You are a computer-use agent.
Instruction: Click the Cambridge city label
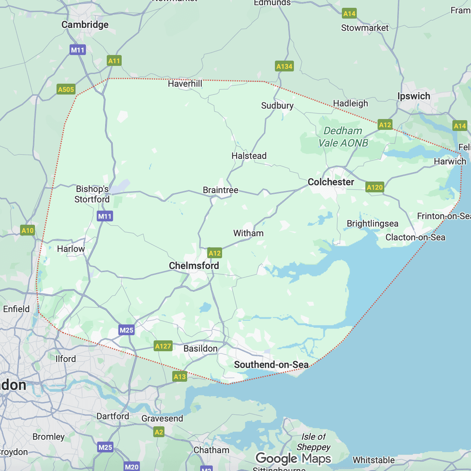pyautogui.click(x=85, y=25)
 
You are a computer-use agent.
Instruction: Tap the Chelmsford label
pyautogui.click(x=194, y=266)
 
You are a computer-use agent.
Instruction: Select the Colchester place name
pyautogui.click(x=330, y=182)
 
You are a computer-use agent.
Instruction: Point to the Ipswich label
pyautogui.click(x=414, y=96)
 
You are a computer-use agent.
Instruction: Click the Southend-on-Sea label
pyautogui.click(x=271, y=365)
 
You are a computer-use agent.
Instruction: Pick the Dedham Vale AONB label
pyautogui.click(x=343, y=137)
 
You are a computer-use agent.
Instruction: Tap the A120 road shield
pyautogui.click(x=374, y=187)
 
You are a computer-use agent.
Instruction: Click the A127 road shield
pyautogui.click(x=163, y=346)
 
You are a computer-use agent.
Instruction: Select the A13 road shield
pyautogui.click(x=180, y=376)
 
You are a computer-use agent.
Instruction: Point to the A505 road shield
pyautogui.click(x=66, y=89)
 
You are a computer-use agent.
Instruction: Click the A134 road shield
pyautogui.click(x=284, y=66)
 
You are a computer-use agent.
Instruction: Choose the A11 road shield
pyautogui.click(x=114, y=61)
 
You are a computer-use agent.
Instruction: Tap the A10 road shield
pyautogui.click(x=27, y=230)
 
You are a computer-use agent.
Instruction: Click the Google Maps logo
pyautogui.click(x=293, y=458)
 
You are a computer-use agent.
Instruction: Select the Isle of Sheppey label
pyautogui.click(x=313, y=442)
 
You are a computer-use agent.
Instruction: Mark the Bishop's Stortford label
pyautogui.click(x=92, y=194)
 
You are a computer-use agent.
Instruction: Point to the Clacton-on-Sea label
pyautogui.click(x=415, y=237)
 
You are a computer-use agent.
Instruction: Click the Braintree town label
pyautogui.click(x=220, y=190)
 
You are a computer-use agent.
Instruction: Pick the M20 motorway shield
pyautogui.click(x=131, y=467)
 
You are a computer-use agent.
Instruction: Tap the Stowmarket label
pyautogui.click(x=365, y=28)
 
